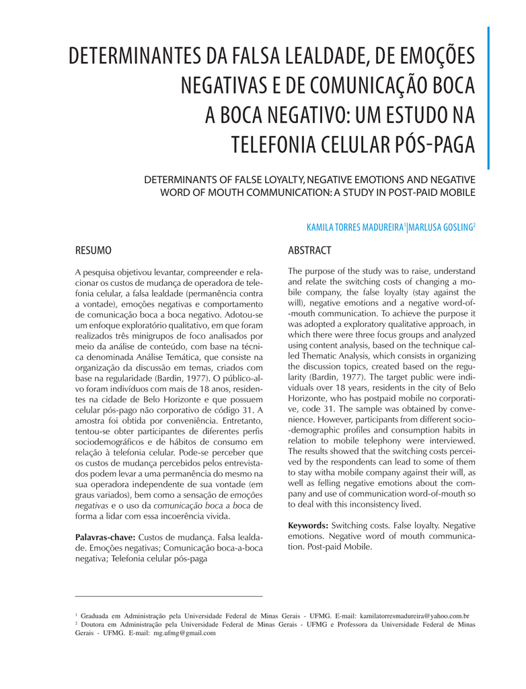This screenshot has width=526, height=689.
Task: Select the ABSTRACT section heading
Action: (309, 250)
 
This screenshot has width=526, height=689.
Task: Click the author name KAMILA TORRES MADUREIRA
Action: (355, 227)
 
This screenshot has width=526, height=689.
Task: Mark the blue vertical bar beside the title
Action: (488, 98)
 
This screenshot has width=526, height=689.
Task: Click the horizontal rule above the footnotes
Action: (169, 596)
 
